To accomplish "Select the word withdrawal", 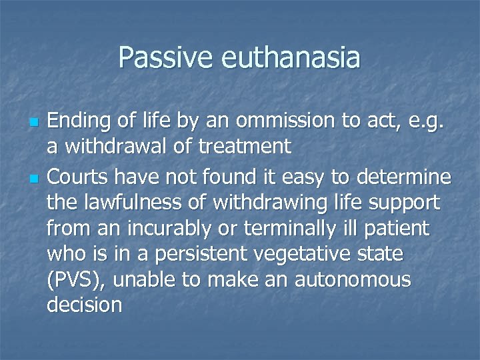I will (x=124, y=146).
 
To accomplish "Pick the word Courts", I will (x=82, y=177).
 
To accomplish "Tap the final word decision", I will (x=85, y=305).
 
